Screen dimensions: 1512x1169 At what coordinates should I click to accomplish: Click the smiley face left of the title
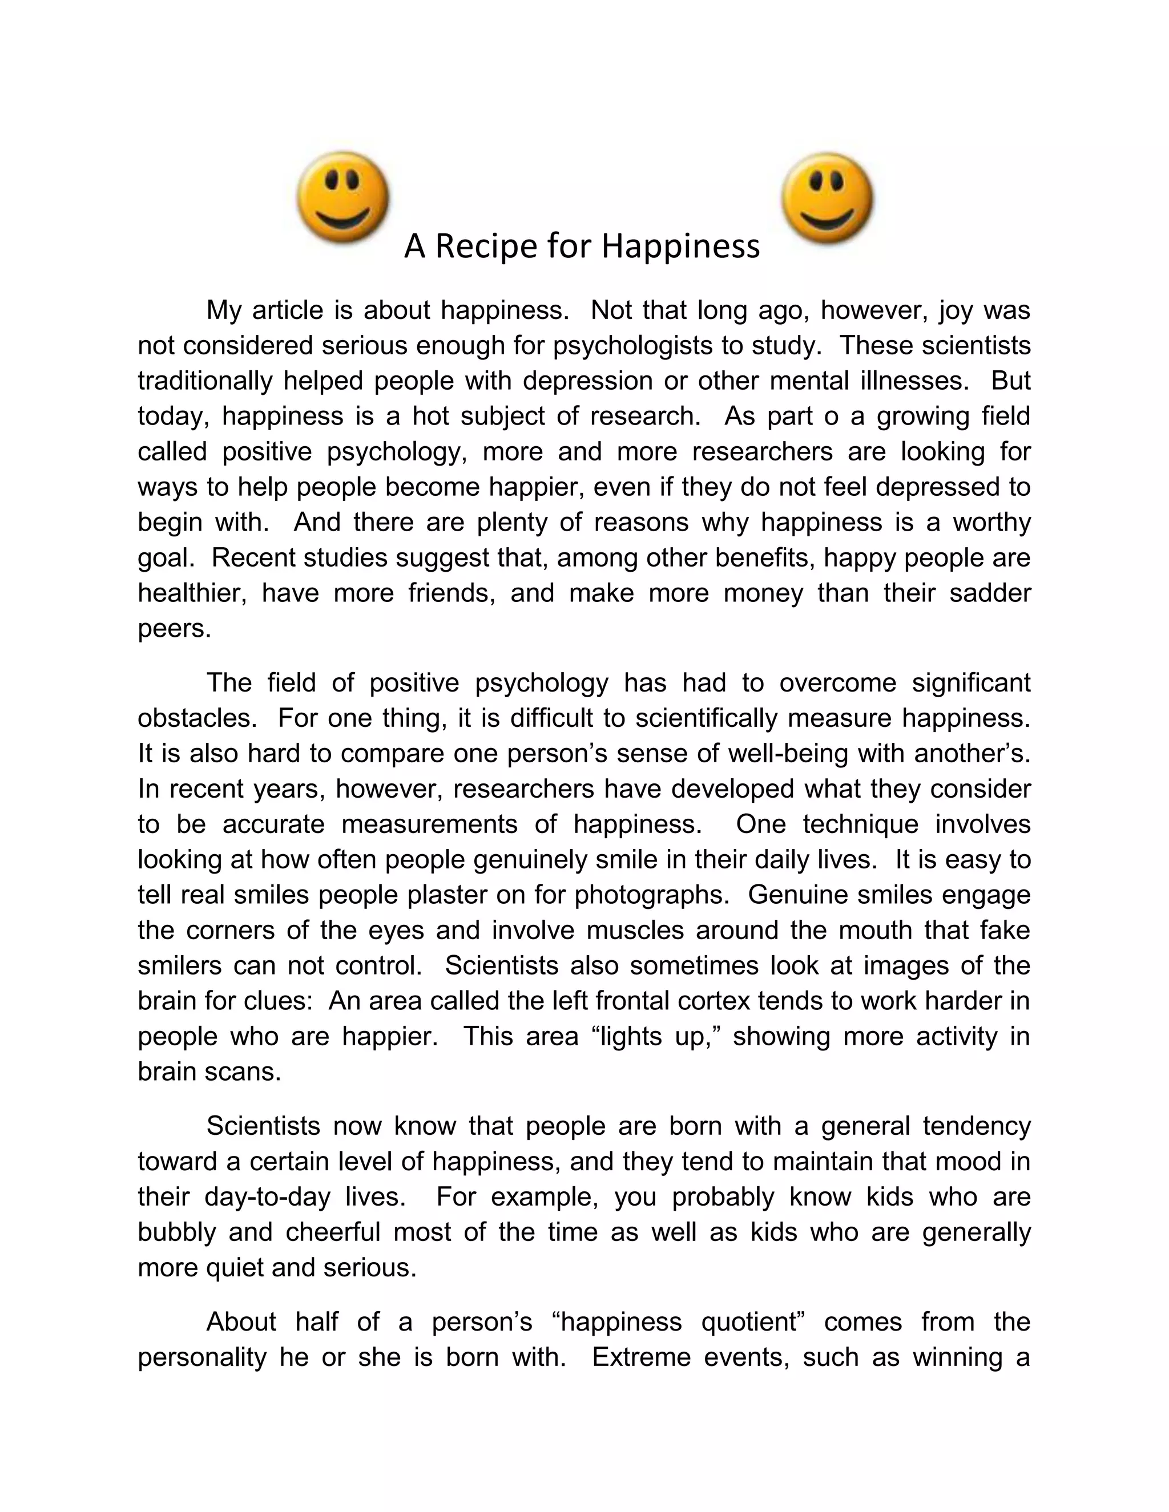(x=343, y=197)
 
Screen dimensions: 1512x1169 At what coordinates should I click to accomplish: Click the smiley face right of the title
(x=828, y=199)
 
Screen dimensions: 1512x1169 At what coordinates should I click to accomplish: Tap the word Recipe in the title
(x=483, y=246)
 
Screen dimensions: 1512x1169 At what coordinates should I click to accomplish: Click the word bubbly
(x=176, y=1232)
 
